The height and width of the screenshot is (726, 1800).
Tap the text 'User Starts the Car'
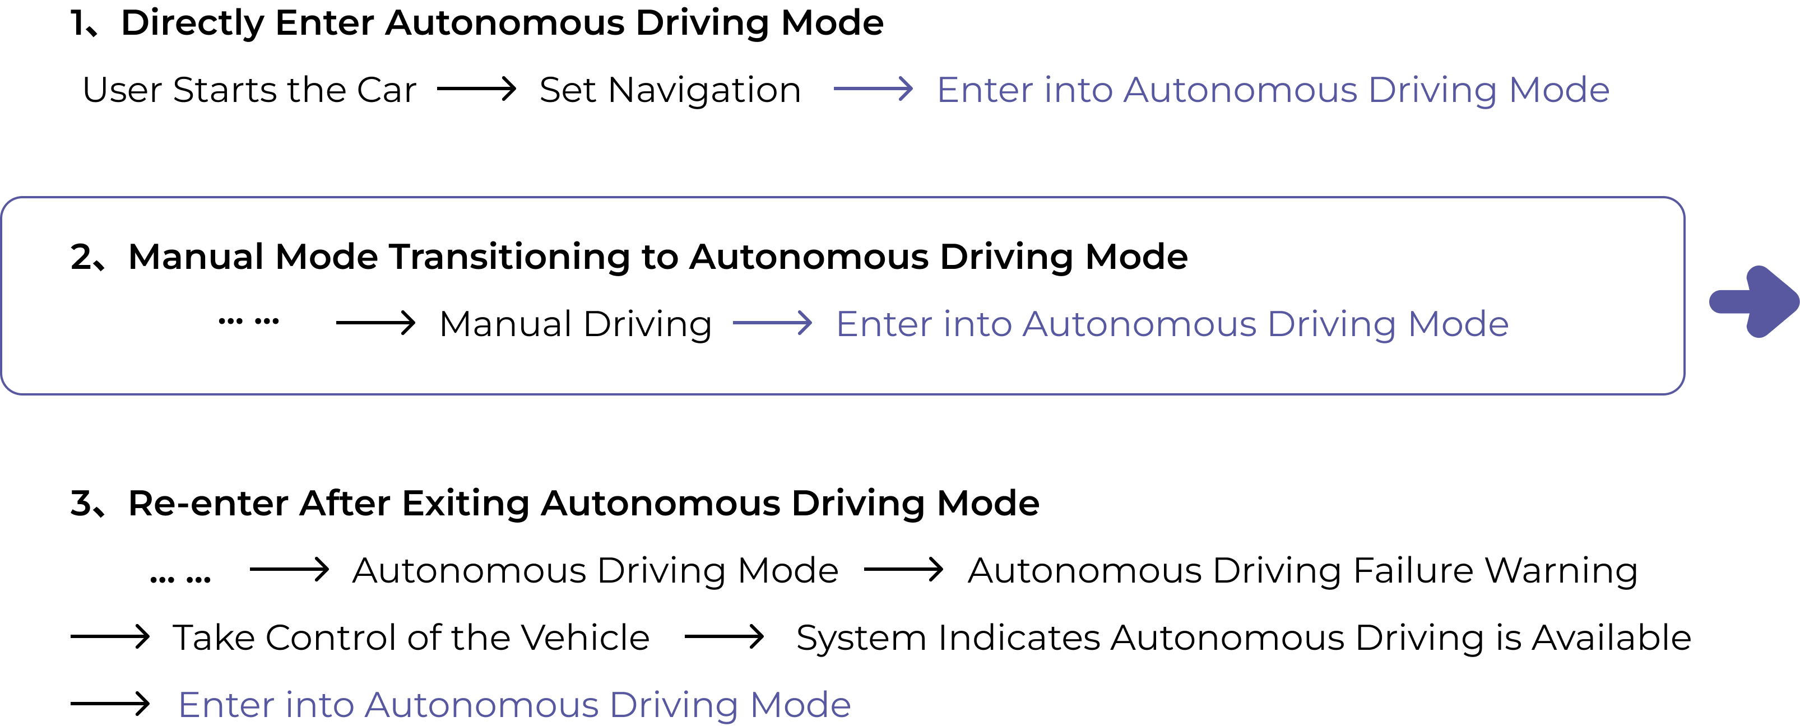coord(249,90)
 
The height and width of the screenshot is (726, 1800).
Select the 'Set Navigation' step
coord(670,91)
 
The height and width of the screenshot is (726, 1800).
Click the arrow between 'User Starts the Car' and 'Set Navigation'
coord(476,89)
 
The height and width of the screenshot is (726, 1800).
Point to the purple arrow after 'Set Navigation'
coord(874,89)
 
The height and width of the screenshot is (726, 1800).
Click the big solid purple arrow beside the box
coord(1754,302)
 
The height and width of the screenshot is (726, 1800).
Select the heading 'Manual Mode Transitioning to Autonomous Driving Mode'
coord(657,257)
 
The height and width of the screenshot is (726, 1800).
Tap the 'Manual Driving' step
coord(576,325)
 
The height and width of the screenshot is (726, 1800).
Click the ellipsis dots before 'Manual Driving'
coord(249,322)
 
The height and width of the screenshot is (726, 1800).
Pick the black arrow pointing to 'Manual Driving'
coord(376,323)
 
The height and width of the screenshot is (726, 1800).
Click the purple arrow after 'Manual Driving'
coord(773,323)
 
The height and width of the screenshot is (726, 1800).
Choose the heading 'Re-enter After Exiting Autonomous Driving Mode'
coord(583,504)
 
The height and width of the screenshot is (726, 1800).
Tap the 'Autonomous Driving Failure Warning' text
coord(1302,571)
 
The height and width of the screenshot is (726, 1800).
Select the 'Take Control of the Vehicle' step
coord(411,637)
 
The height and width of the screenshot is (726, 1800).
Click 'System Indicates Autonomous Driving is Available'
coord(1244,639)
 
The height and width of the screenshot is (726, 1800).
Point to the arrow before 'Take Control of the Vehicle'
coord(110,636)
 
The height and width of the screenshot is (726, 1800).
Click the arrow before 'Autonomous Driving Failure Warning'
coord(904,570)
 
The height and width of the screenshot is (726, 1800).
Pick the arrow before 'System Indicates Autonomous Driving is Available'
coord(725,636)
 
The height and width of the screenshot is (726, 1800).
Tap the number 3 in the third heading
coord(81,504)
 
